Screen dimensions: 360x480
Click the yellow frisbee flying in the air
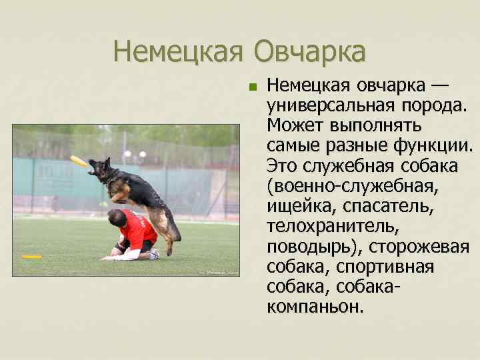pos(79,161)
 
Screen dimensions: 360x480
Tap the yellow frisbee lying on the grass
pos(31,256)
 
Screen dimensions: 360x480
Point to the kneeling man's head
pos(117,217)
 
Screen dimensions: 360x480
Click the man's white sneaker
pos(155,254)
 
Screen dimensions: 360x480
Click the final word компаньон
pos(315,307)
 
